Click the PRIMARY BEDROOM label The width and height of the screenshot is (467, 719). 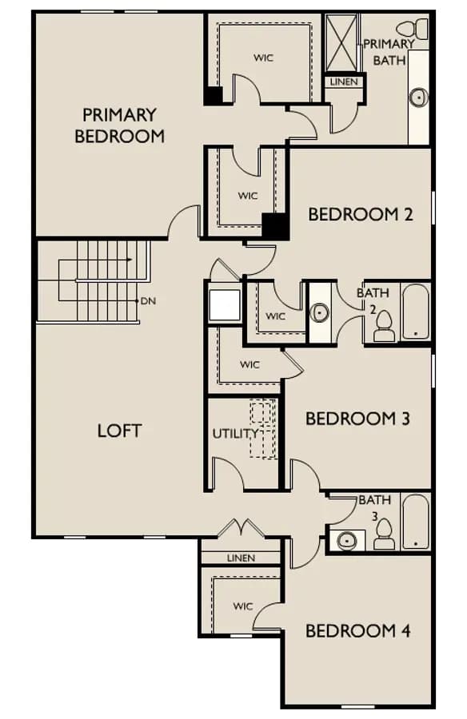tap(119, 125)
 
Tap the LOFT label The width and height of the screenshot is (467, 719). tap(119, 431)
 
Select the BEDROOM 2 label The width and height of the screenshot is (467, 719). tap(361, 214)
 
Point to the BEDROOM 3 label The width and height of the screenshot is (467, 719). tap(357, 418)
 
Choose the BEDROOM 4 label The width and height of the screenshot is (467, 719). tap(357, 631)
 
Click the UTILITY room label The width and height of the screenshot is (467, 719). tap(236, 433)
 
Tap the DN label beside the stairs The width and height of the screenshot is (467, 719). tap(148, 301)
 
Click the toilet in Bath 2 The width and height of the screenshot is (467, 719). tap(384, 327)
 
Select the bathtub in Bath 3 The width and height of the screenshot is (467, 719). tap(416, 522)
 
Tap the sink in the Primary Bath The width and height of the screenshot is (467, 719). tap(419, 97)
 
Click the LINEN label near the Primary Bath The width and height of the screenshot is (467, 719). tap(344, 81)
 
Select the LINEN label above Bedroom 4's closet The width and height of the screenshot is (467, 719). tap(241, 558)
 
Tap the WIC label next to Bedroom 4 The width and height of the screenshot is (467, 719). tap(243, 606)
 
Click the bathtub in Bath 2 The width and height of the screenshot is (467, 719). tap(416, 312)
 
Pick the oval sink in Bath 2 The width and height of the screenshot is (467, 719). tap(319, 312)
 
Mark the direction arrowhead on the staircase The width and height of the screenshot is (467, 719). tap(130, 260)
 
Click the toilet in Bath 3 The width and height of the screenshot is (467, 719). tap(384, 534)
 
